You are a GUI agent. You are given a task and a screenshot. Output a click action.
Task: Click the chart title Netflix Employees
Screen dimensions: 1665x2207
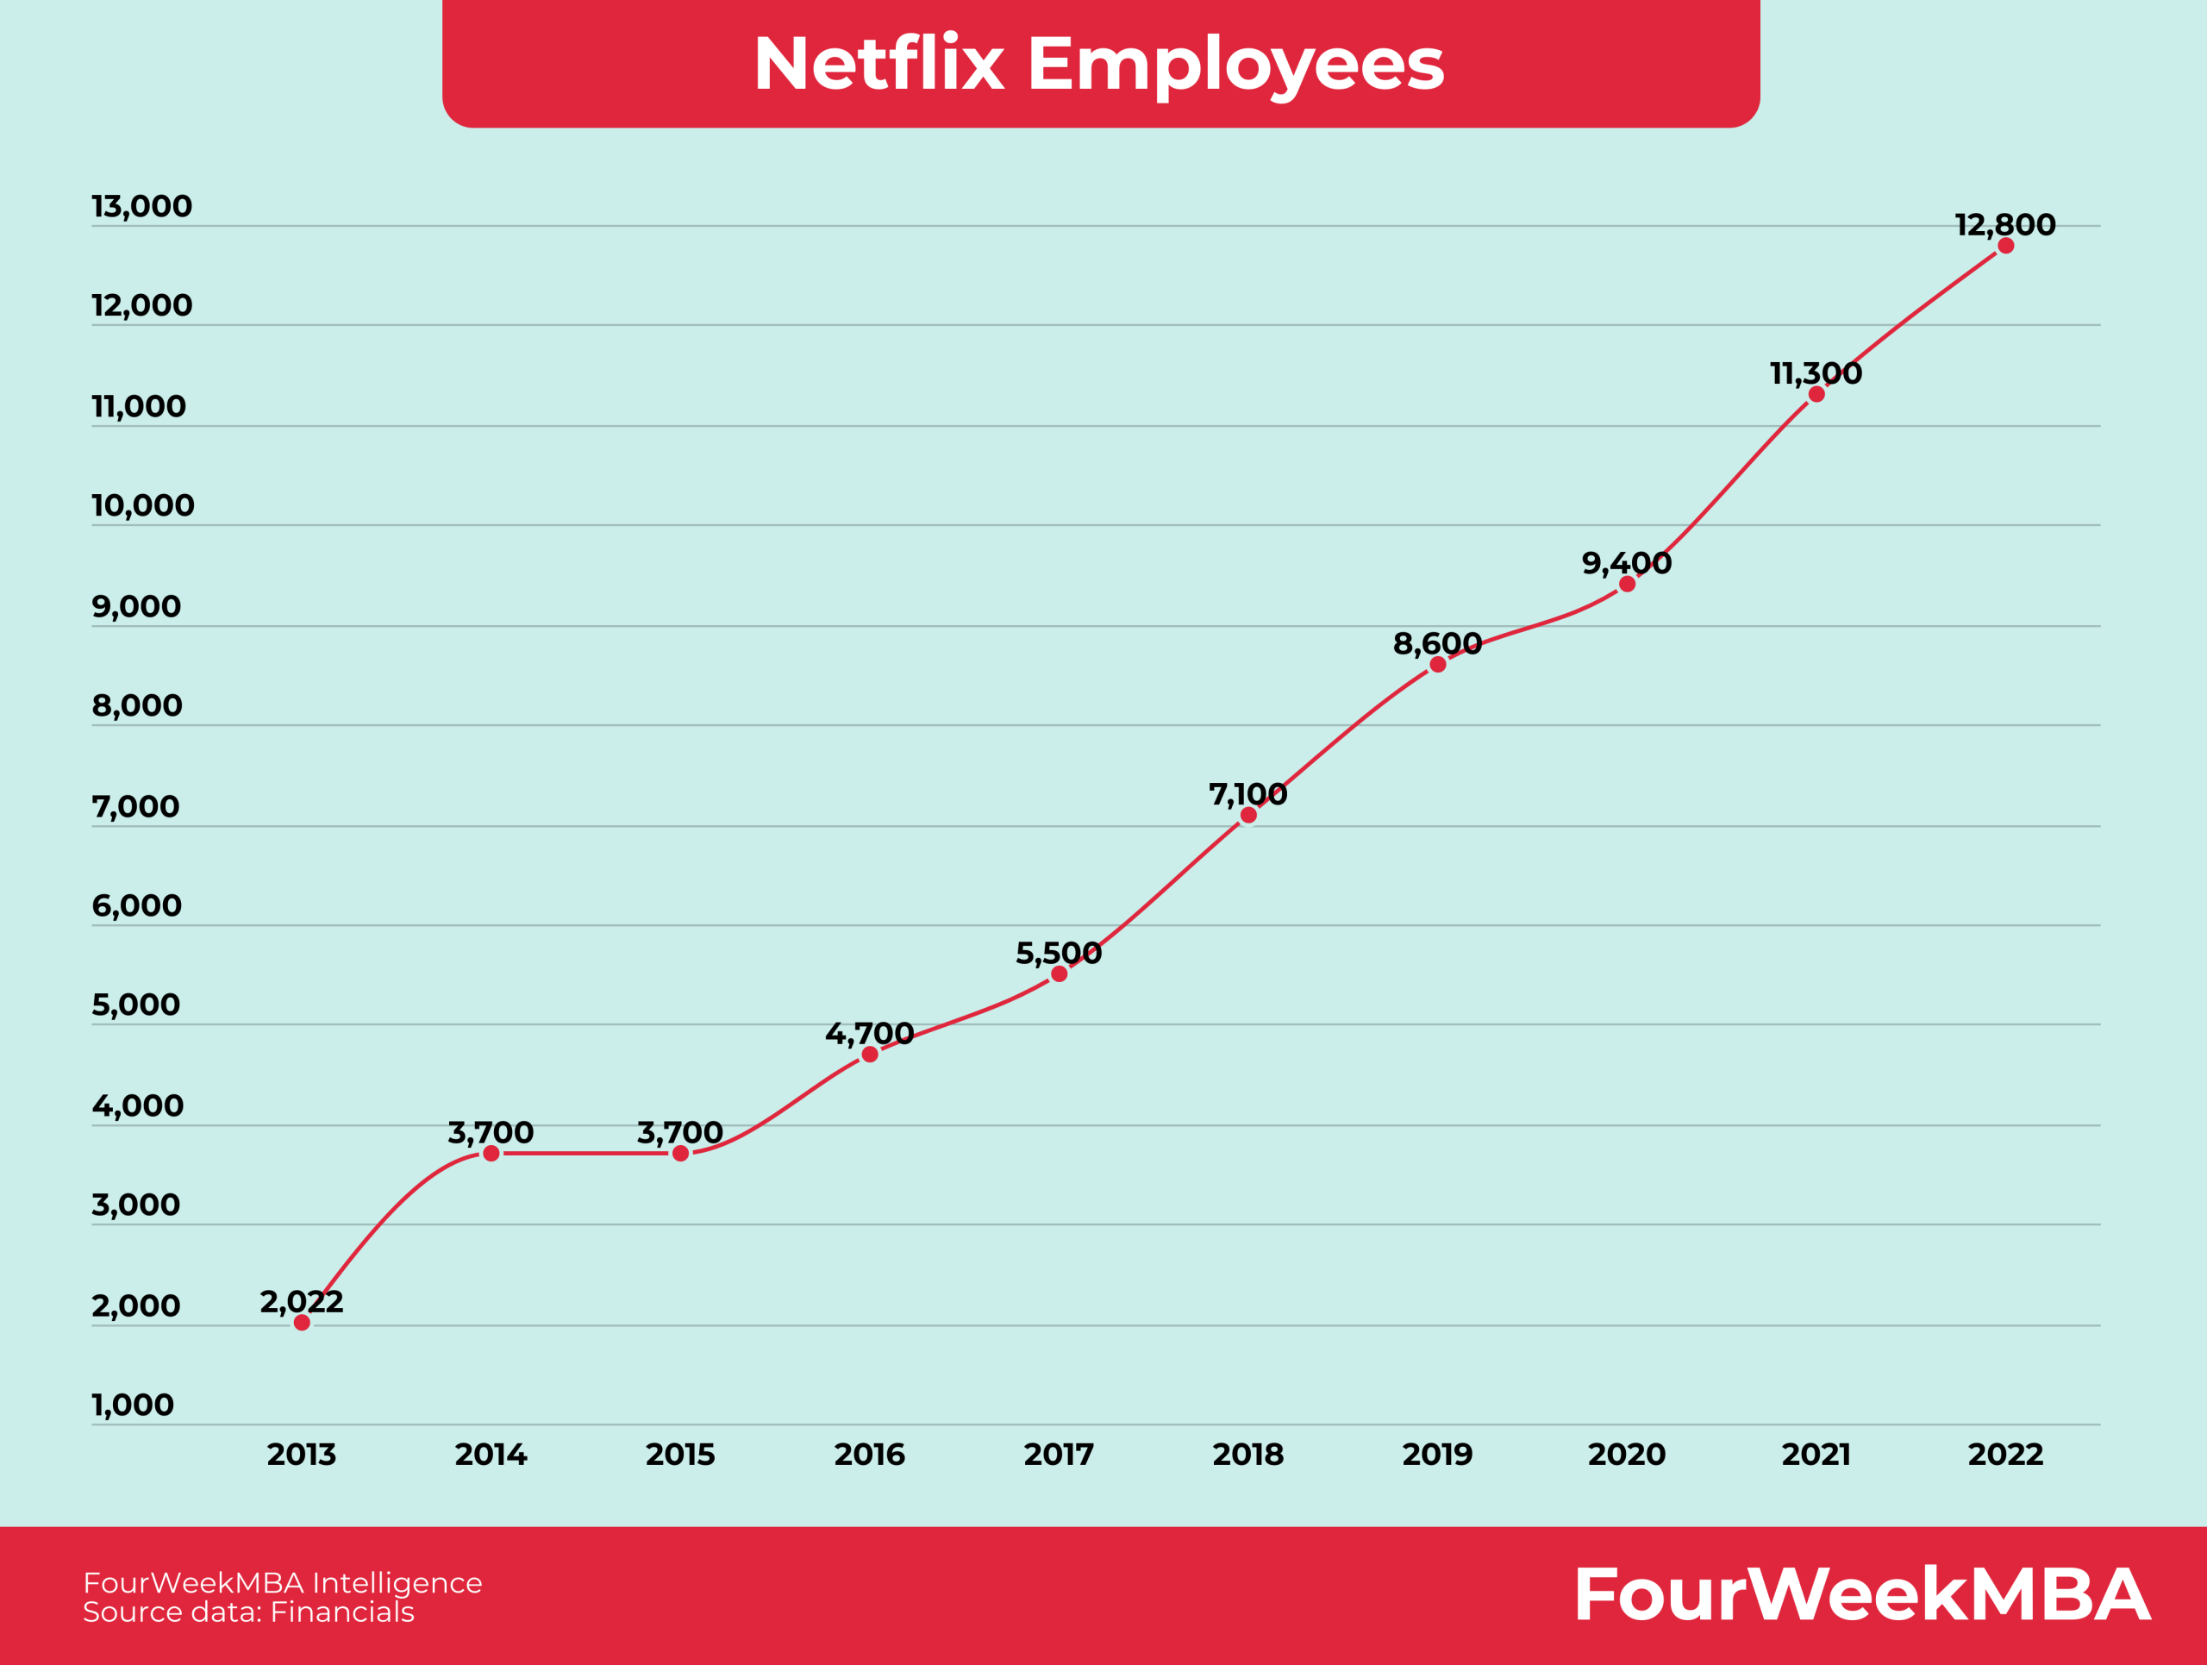coord(1098,64)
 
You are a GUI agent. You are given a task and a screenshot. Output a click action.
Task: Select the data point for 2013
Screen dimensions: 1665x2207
coord(303,1323)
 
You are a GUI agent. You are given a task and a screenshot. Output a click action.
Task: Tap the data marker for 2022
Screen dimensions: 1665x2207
coord(2005,246)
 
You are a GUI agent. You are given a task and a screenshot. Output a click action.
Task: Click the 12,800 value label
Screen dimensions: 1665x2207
coord(2004,224)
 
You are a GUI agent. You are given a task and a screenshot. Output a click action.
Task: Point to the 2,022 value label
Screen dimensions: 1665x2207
coord(302,1301)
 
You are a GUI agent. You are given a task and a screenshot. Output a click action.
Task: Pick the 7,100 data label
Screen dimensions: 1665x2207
coord(1247,794)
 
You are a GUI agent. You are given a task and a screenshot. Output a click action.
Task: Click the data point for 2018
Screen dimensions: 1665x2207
coord(1248,815)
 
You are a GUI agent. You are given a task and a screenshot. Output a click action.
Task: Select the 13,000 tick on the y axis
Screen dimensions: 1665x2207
coord(141,206)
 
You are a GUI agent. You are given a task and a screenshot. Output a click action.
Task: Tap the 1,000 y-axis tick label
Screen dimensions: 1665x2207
coord(133,1405)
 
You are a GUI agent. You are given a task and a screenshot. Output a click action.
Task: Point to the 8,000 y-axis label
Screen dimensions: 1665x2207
coord(137,705)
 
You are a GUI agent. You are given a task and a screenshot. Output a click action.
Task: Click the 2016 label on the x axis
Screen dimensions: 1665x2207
coord(869,1455)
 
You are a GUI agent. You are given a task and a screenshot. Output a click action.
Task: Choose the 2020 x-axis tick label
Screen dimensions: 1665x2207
coord(1626,1455)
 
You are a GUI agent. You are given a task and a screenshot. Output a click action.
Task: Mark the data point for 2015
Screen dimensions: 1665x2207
coord(680,1153)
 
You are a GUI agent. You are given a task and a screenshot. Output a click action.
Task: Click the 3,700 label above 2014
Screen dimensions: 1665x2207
coord(491,1132)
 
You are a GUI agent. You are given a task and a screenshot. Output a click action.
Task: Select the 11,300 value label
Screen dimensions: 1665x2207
coord(1816,373)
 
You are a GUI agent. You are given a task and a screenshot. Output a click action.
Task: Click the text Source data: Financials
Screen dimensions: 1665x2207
coord(247,1612)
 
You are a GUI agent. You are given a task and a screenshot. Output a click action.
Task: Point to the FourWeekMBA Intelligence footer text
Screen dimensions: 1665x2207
coord(283,1582)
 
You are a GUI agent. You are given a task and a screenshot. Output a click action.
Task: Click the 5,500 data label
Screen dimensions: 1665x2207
coord(1059,953)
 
